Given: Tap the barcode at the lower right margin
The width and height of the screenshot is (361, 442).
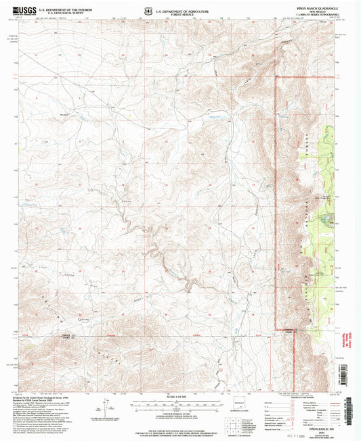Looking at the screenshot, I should (326, 426).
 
